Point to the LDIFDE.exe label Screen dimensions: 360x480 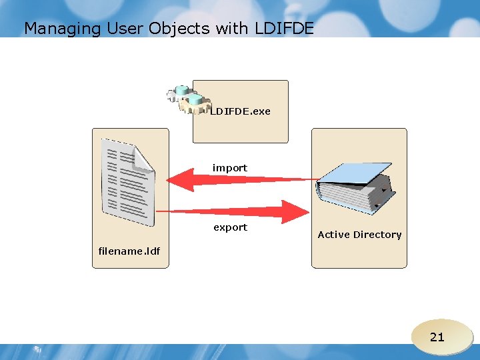pyautogui.click(x=241, y=111)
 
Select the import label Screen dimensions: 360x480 pyautogui.click(x=230, y=168)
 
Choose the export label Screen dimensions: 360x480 pyautogui.click(x=230, y=227)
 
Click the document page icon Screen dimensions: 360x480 pyautogui.click(x=127, y=181)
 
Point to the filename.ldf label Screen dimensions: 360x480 pyautogui.click(x=129, y=251)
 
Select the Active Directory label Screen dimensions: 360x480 pyautogui.click(x=359, y=235)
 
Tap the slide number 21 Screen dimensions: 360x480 pyautogui.click(x=437, y=337)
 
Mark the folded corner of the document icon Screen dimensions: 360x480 pyautogui.click(x=143, y=157)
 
